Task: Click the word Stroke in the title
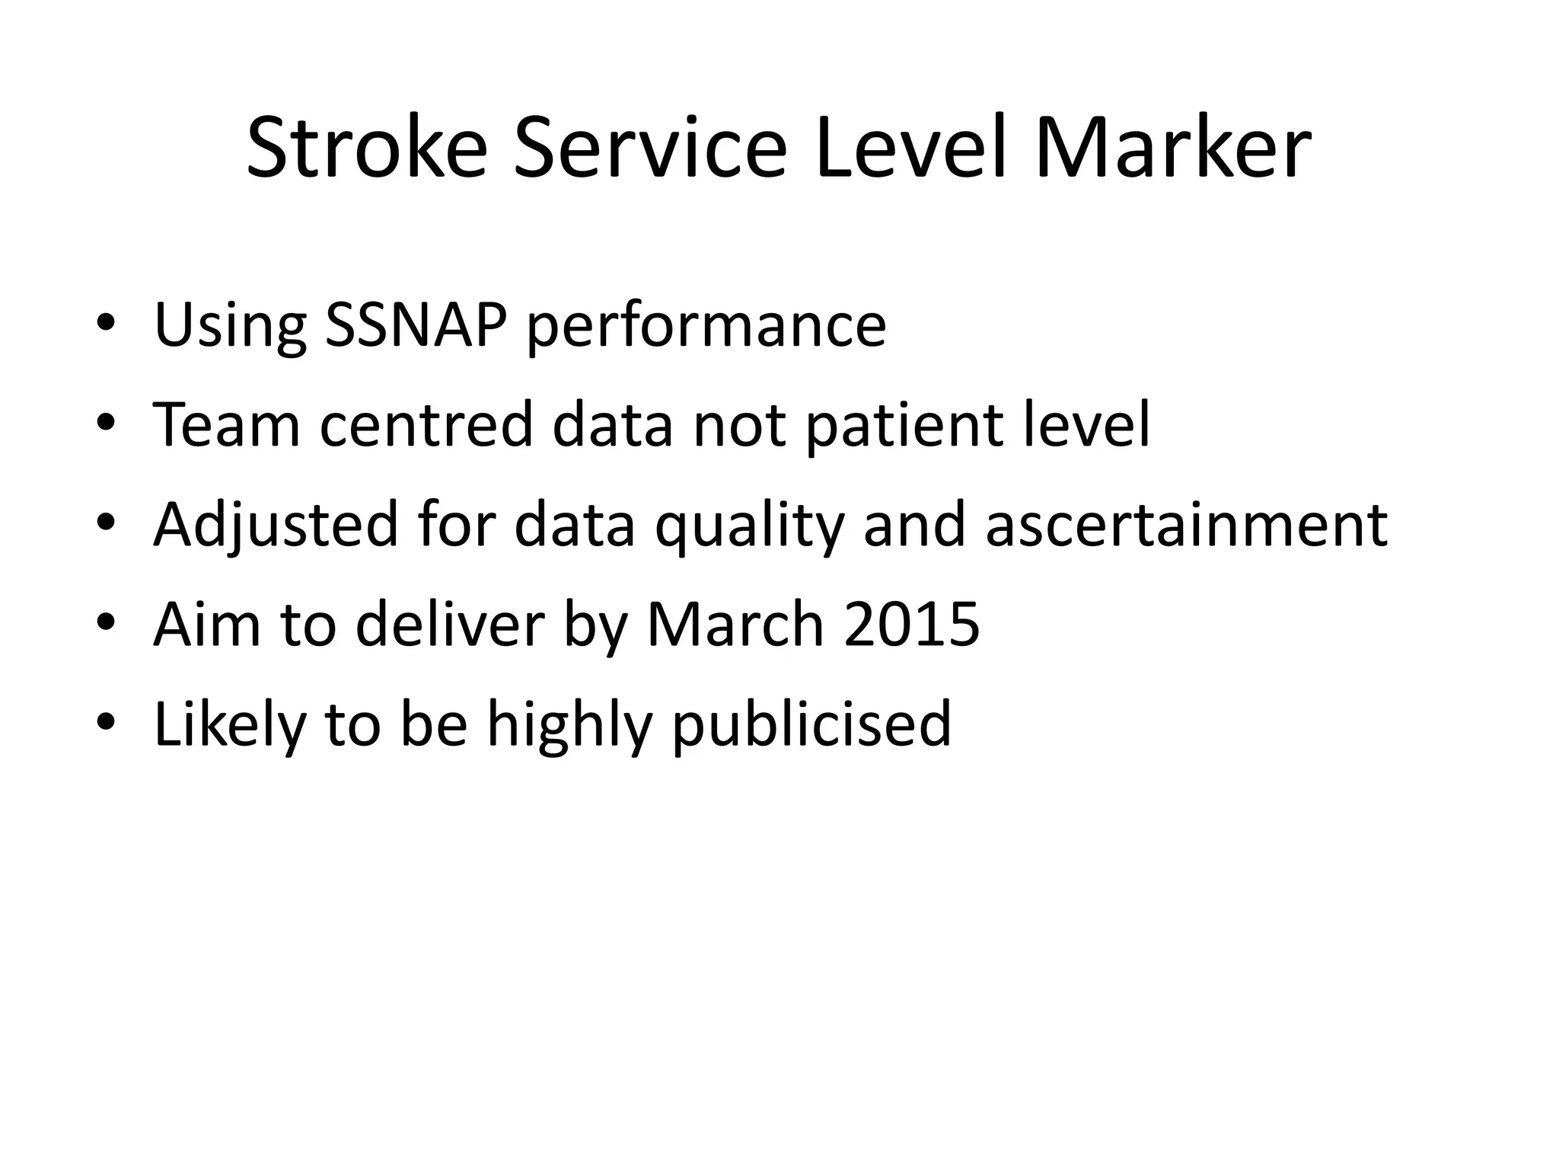point(366,148)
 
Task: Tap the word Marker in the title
point(1172,148)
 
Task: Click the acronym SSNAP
point(415,325)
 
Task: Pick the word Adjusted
point(275,526)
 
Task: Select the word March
point(735,625)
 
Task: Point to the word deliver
point(450,625)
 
